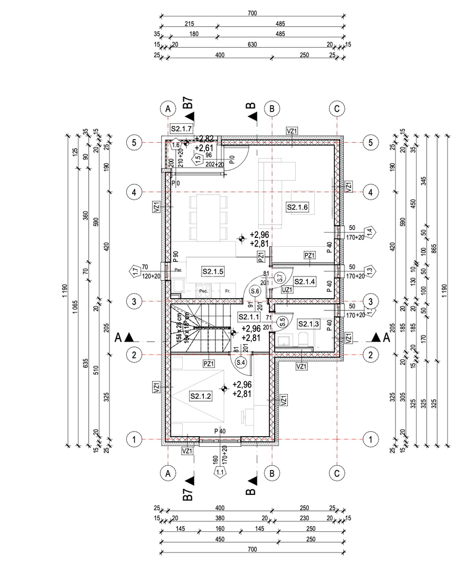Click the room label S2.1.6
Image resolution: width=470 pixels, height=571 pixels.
tap(297, 207)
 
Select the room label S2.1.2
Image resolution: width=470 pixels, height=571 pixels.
tap(200, 396)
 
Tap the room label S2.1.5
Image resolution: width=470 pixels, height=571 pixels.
tap(213, 271)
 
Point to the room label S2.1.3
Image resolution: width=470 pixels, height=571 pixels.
tap(308, 323)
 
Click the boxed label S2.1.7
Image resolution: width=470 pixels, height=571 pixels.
tap(181, 128)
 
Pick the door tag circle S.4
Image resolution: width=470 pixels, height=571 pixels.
tap(241, 363)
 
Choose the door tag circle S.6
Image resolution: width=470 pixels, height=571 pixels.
tap(256, 291)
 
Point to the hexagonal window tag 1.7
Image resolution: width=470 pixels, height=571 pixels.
tap(135, 272)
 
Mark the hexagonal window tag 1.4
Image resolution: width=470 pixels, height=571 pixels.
tap(369, 231)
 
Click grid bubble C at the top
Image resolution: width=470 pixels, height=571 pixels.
tap(337, 108)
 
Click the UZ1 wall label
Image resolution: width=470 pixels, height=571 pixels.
tap(287, 290)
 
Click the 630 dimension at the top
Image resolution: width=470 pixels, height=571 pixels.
tap(252, 45)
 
